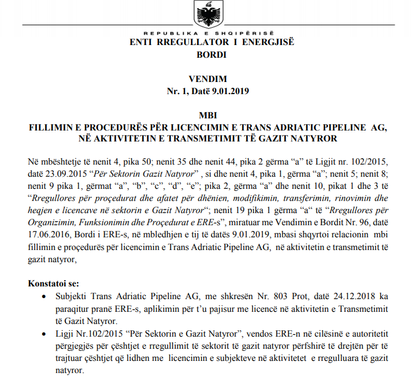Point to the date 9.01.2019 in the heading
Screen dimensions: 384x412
[x=231, y=91]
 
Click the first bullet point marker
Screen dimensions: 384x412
[x=46, y=296]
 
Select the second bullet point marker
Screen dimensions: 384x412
[x=46, y=334]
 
